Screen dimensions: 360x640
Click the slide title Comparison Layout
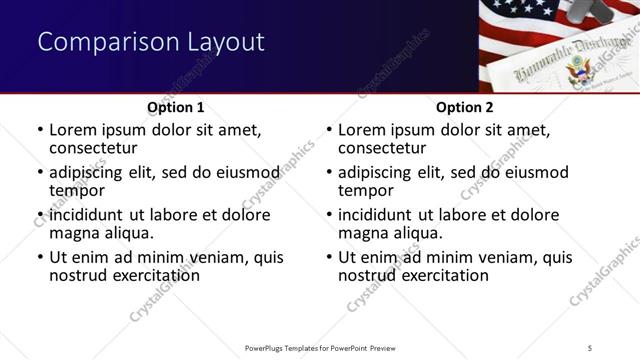(x=151, y=42)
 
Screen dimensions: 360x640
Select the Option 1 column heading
(x=176, y=107)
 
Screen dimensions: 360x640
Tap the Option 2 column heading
(x=465, y=107)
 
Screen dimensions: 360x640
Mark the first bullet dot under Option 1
(x=40, y=130)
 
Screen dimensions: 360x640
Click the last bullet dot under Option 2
(x=329, y=257)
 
